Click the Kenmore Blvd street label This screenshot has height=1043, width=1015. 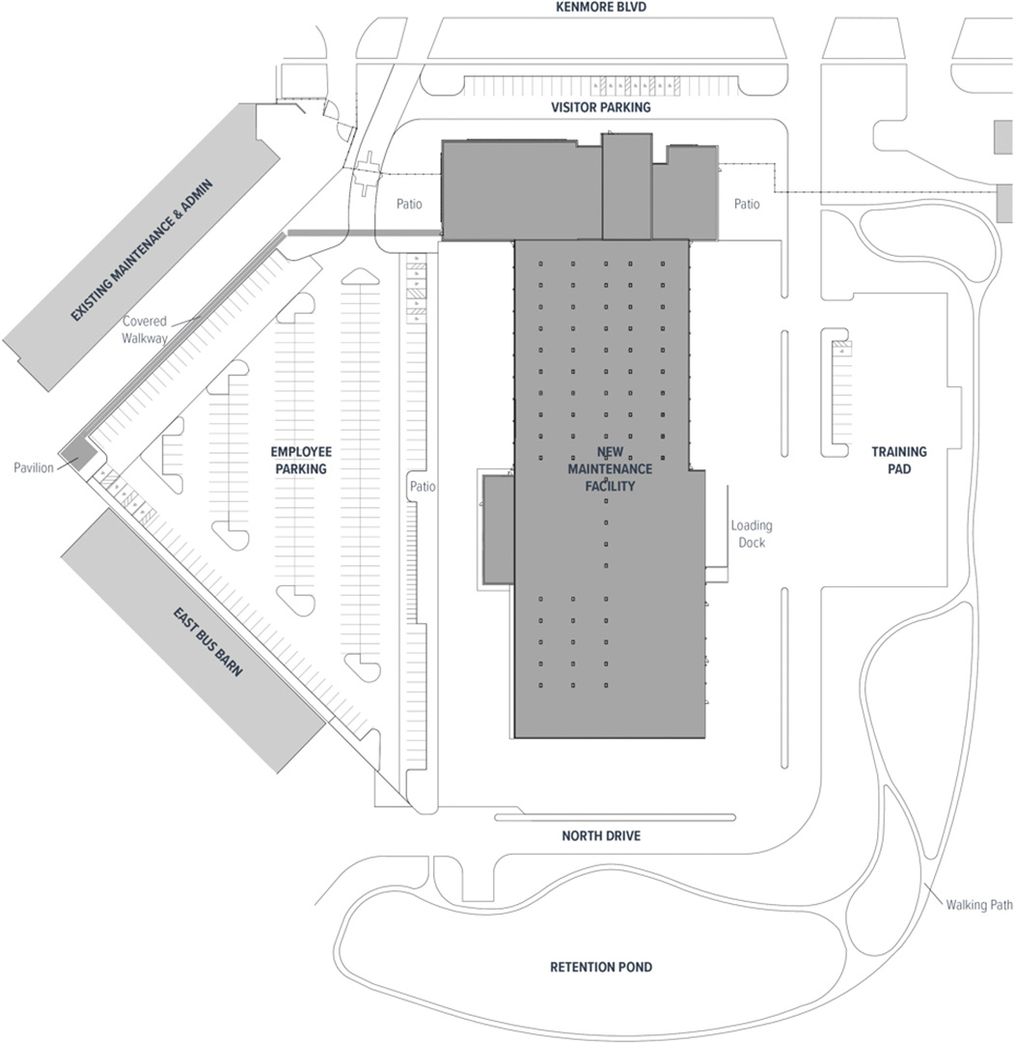coord(600,7)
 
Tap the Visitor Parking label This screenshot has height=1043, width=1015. coord(600,107)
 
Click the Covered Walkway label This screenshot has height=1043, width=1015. coord(144,329)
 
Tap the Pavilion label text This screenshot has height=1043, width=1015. coord(34,467)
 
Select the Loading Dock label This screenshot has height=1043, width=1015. coord(752,534)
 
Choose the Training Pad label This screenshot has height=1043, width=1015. coord(898,460)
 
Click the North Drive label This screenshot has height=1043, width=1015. coord(600,836)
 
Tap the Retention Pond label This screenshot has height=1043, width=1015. coord(600,967)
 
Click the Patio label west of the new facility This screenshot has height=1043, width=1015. coord(410,204)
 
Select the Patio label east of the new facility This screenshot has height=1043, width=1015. coord(747,204)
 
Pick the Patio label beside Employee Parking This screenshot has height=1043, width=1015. coord(422,487)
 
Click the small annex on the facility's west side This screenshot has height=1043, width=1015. coord(498,529)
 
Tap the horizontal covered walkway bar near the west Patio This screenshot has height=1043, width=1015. coord(365,233)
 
